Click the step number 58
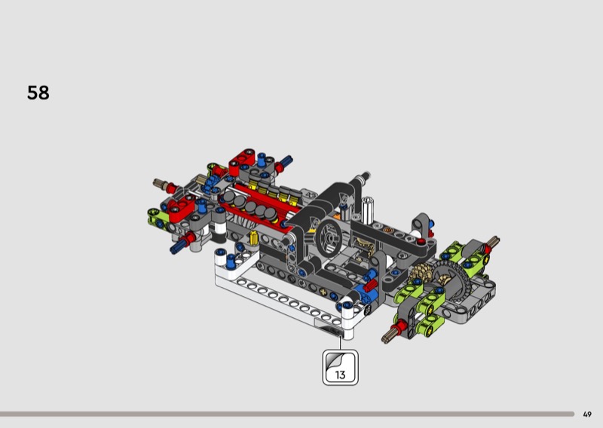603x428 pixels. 38,93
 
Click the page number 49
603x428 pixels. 587,414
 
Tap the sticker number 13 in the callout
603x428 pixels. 340,374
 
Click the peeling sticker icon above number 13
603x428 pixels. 335,361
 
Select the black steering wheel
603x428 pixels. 329,238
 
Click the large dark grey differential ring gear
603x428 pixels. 451,280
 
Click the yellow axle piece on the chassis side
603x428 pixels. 253,239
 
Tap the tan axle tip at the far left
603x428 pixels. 159,183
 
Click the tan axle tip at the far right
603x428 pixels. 493,241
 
